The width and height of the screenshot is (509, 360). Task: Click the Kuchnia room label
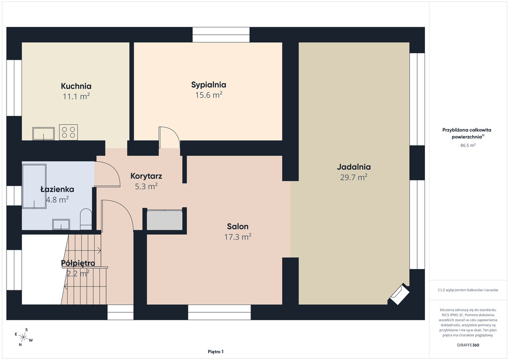point(76,86)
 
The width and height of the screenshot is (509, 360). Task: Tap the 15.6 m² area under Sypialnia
point(208,95)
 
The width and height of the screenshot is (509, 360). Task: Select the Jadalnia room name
point(353,167)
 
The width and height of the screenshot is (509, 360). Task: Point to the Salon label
point(238,226)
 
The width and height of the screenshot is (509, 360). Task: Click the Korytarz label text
point(146,176)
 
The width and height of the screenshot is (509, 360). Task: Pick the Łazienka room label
point(57,189)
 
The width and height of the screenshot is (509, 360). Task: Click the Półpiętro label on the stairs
point(78,263)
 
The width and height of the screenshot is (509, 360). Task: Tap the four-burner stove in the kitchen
point(69,132)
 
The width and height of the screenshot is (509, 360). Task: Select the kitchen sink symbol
point(44,134)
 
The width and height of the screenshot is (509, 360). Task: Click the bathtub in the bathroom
point(34,186)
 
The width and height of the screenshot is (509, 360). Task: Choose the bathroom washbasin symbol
point(61,224)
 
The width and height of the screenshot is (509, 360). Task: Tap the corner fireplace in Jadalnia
point(400,294)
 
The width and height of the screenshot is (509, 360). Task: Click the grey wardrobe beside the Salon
point(165,220)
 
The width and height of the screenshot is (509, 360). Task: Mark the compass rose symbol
point(23,337)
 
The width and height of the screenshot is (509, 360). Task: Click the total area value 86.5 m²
point(468,145)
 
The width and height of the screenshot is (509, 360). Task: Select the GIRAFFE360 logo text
point(468,345)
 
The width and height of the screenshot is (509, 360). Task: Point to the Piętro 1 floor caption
point(216,352)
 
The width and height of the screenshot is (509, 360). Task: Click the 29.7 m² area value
point(353,177)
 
